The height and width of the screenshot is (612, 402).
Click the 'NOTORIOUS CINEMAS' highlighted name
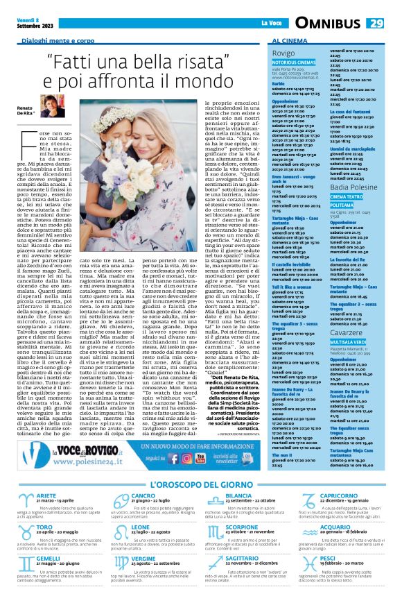point(292,62)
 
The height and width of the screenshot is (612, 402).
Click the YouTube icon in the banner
point(220,458)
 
